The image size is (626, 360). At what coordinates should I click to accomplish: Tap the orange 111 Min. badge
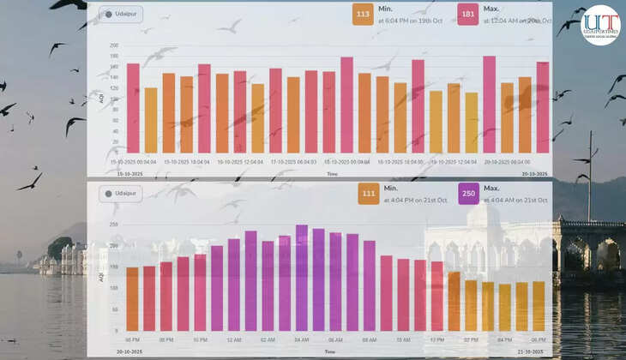point(369,193)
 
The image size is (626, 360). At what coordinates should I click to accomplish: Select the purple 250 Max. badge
point(468,193)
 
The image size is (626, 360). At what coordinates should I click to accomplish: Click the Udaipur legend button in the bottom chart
point(120,194)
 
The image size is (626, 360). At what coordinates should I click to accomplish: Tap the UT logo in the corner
point(599,24)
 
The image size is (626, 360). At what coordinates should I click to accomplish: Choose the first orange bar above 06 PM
point(132,299)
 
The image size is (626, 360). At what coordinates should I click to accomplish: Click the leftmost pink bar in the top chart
point(133,108)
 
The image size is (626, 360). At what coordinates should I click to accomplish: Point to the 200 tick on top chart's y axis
point(114,45)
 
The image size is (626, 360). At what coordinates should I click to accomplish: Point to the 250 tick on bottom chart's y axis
point(114,225)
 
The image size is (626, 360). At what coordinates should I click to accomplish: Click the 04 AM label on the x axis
point(302,340)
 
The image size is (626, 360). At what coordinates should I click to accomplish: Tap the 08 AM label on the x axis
point(369,340)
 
